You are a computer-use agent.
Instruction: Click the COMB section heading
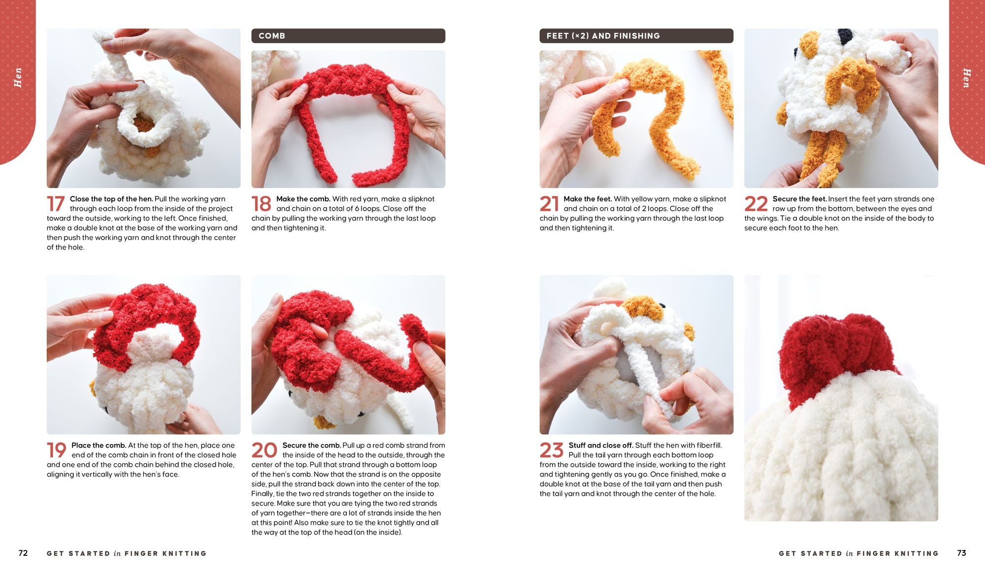tap(272, 36)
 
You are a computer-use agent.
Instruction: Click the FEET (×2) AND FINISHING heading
tap(603, 36)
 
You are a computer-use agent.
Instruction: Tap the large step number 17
tap(56, 204)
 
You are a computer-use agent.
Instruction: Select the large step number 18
tap(262, 204)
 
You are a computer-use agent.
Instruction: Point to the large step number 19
tap(57, 450)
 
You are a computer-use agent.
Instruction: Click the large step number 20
tap(264, 450)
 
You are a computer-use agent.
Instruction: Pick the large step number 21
tap(549, 204)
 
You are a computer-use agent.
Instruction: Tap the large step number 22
tap(756, 204)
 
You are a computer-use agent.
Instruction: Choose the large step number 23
tap(552, 450)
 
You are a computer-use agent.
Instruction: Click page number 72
tap(23, 553)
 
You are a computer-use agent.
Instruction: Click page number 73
tap(961, 553)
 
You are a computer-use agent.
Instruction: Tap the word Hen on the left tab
tap(18, 77)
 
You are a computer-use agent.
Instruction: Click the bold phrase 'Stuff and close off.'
tap(601, 445)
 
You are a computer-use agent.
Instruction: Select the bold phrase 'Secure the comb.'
tap(311, 445)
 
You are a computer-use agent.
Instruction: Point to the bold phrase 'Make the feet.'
tap(588, 199)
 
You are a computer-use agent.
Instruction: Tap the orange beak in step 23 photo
tap(643, 308)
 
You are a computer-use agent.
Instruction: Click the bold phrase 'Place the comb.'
tap(98, 445)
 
